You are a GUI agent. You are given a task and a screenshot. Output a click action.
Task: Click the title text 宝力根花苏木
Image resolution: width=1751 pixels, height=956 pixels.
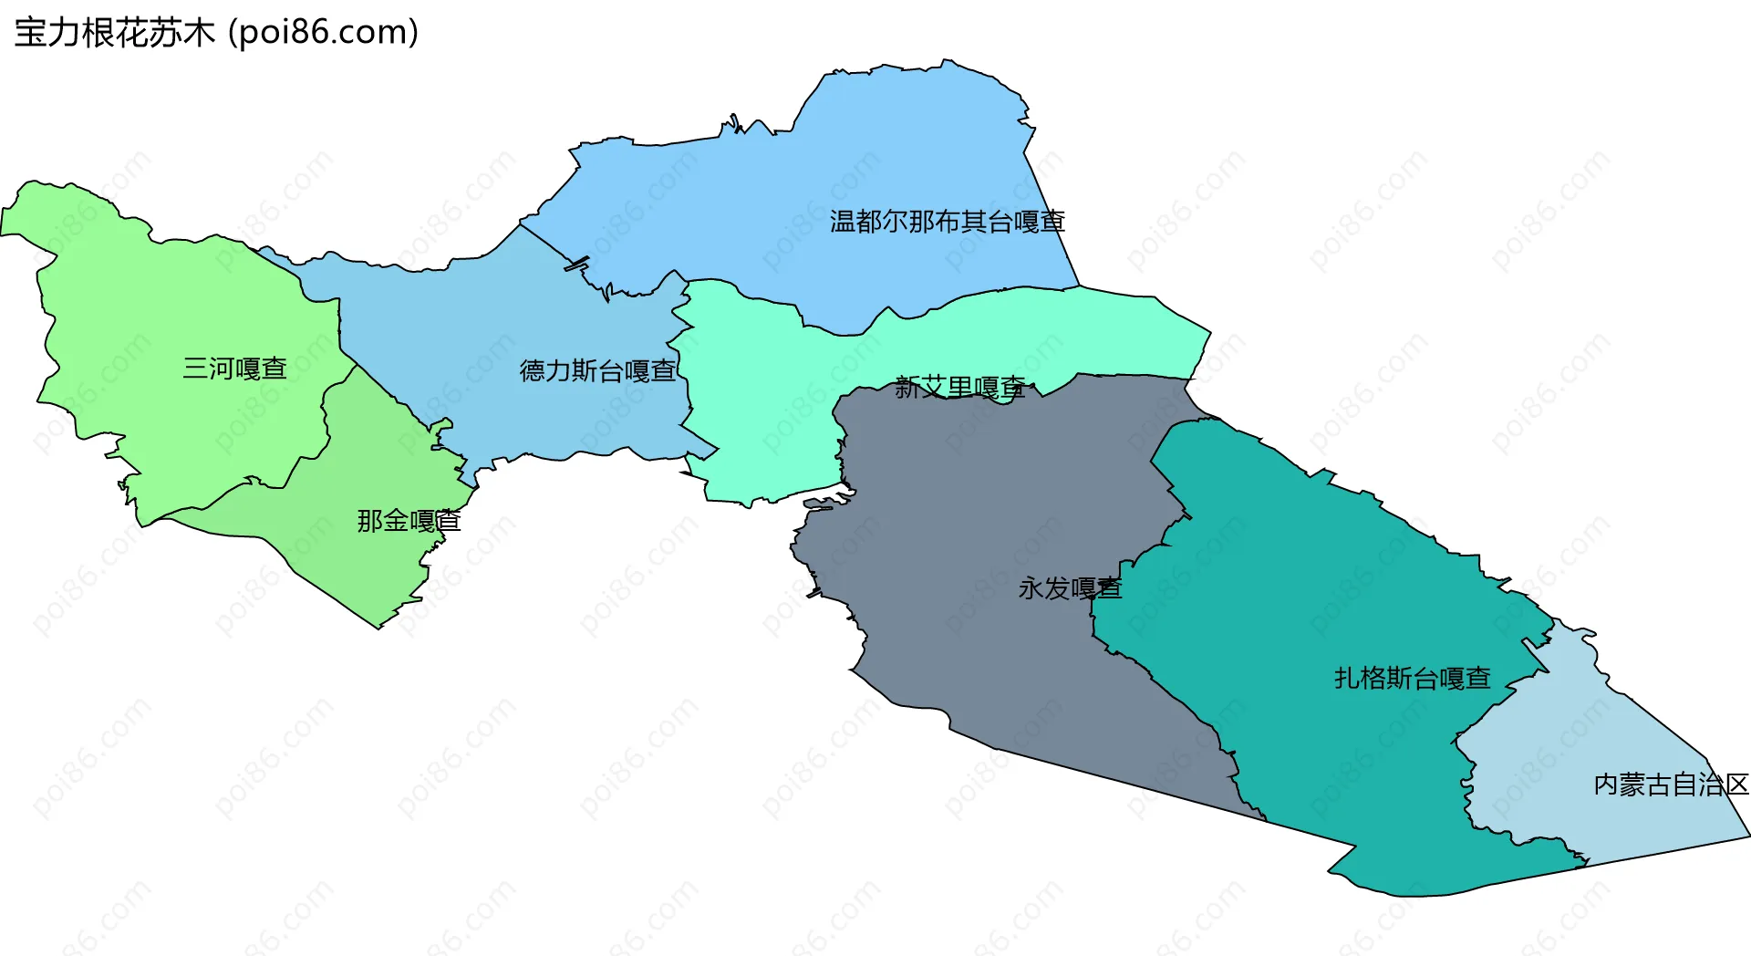tap(114, 33)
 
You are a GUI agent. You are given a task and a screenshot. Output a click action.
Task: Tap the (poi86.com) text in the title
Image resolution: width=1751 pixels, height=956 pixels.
tap(323, 33)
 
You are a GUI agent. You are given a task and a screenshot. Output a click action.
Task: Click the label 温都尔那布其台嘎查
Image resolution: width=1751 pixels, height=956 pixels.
tap(947, 222)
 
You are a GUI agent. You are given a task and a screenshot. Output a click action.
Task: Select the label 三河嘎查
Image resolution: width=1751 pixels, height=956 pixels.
tap(234, 369)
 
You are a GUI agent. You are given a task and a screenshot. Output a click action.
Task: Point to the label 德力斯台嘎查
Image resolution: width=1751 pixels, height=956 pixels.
tap(597, 371)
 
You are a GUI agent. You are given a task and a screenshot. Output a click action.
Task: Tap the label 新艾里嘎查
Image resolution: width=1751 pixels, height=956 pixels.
tap(959, 388)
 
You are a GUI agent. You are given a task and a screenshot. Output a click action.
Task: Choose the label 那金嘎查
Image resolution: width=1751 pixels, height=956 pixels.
tap(409, 521)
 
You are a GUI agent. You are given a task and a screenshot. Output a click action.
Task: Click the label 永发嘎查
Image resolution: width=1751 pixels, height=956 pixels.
tap(1069, 588)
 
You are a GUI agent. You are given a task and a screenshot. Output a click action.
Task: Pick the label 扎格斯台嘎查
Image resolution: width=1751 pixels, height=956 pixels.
tap(1412, 678)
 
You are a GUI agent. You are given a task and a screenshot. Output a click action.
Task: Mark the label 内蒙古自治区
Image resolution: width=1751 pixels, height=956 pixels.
tap(1671, 785)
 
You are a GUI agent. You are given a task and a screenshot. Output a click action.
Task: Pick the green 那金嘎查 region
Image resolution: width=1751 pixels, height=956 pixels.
tap(365, 566)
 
